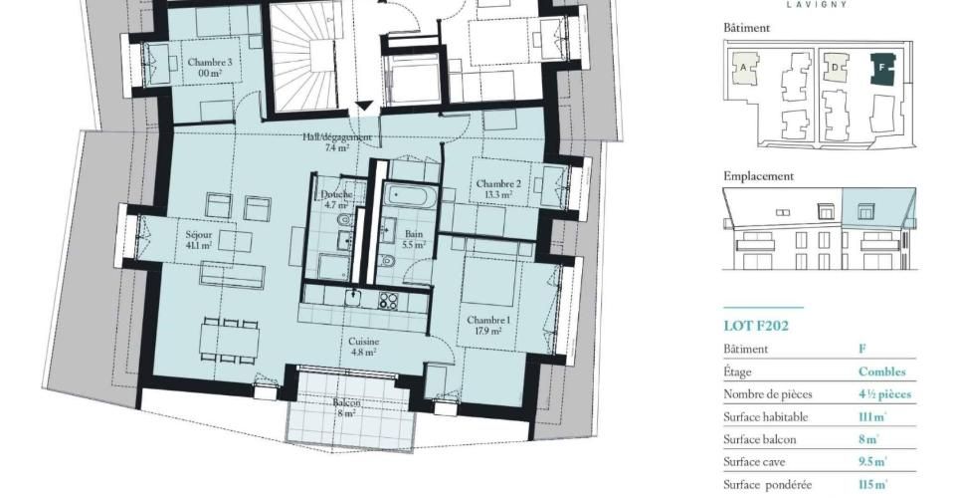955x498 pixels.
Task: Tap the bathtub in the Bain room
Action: click(410, 195)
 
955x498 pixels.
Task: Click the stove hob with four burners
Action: click(388, 300)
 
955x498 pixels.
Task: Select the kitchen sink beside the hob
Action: click(353, 298)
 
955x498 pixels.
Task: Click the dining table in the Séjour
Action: click(230, 341)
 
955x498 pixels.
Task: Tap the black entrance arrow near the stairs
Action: click(363, 106)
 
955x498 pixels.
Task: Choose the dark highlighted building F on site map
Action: click(882, 69)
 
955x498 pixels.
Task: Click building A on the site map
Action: click(745, 68)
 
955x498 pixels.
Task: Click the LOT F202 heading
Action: click(756, 326)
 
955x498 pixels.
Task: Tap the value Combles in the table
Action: click(882, 372)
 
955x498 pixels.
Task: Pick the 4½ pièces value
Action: click(885, 394)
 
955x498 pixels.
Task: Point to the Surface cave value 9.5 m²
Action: click(872, 462)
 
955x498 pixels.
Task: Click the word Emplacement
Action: click(758, 176)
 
